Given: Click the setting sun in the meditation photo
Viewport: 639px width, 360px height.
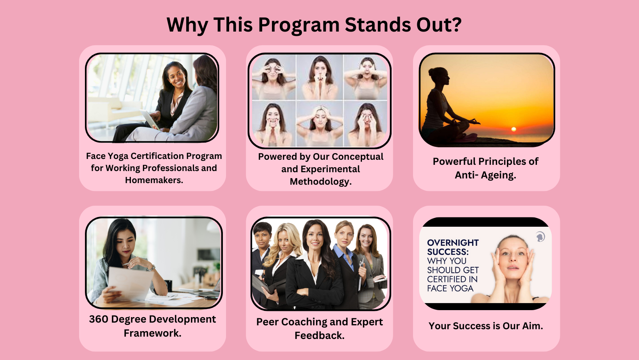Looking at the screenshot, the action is point(514,129).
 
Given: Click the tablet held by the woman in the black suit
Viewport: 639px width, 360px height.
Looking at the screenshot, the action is point(150,119).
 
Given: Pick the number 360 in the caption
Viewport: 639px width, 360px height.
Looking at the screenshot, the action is point(98,319).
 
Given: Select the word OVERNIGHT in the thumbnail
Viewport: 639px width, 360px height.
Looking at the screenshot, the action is point(453,243).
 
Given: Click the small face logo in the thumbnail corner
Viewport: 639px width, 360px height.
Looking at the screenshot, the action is point(540,237).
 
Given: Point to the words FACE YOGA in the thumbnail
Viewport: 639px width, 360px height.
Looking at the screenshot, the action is point(450,288).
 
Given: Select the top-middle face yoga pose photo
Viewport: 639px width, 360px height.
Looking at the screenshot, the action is point(319,77).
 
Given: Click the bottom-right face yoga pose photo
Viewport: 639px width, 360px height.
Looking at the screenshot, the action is point(366,124).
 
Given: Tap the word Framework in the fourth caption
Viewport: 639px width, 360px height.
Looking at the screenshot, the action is point(153,333).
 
